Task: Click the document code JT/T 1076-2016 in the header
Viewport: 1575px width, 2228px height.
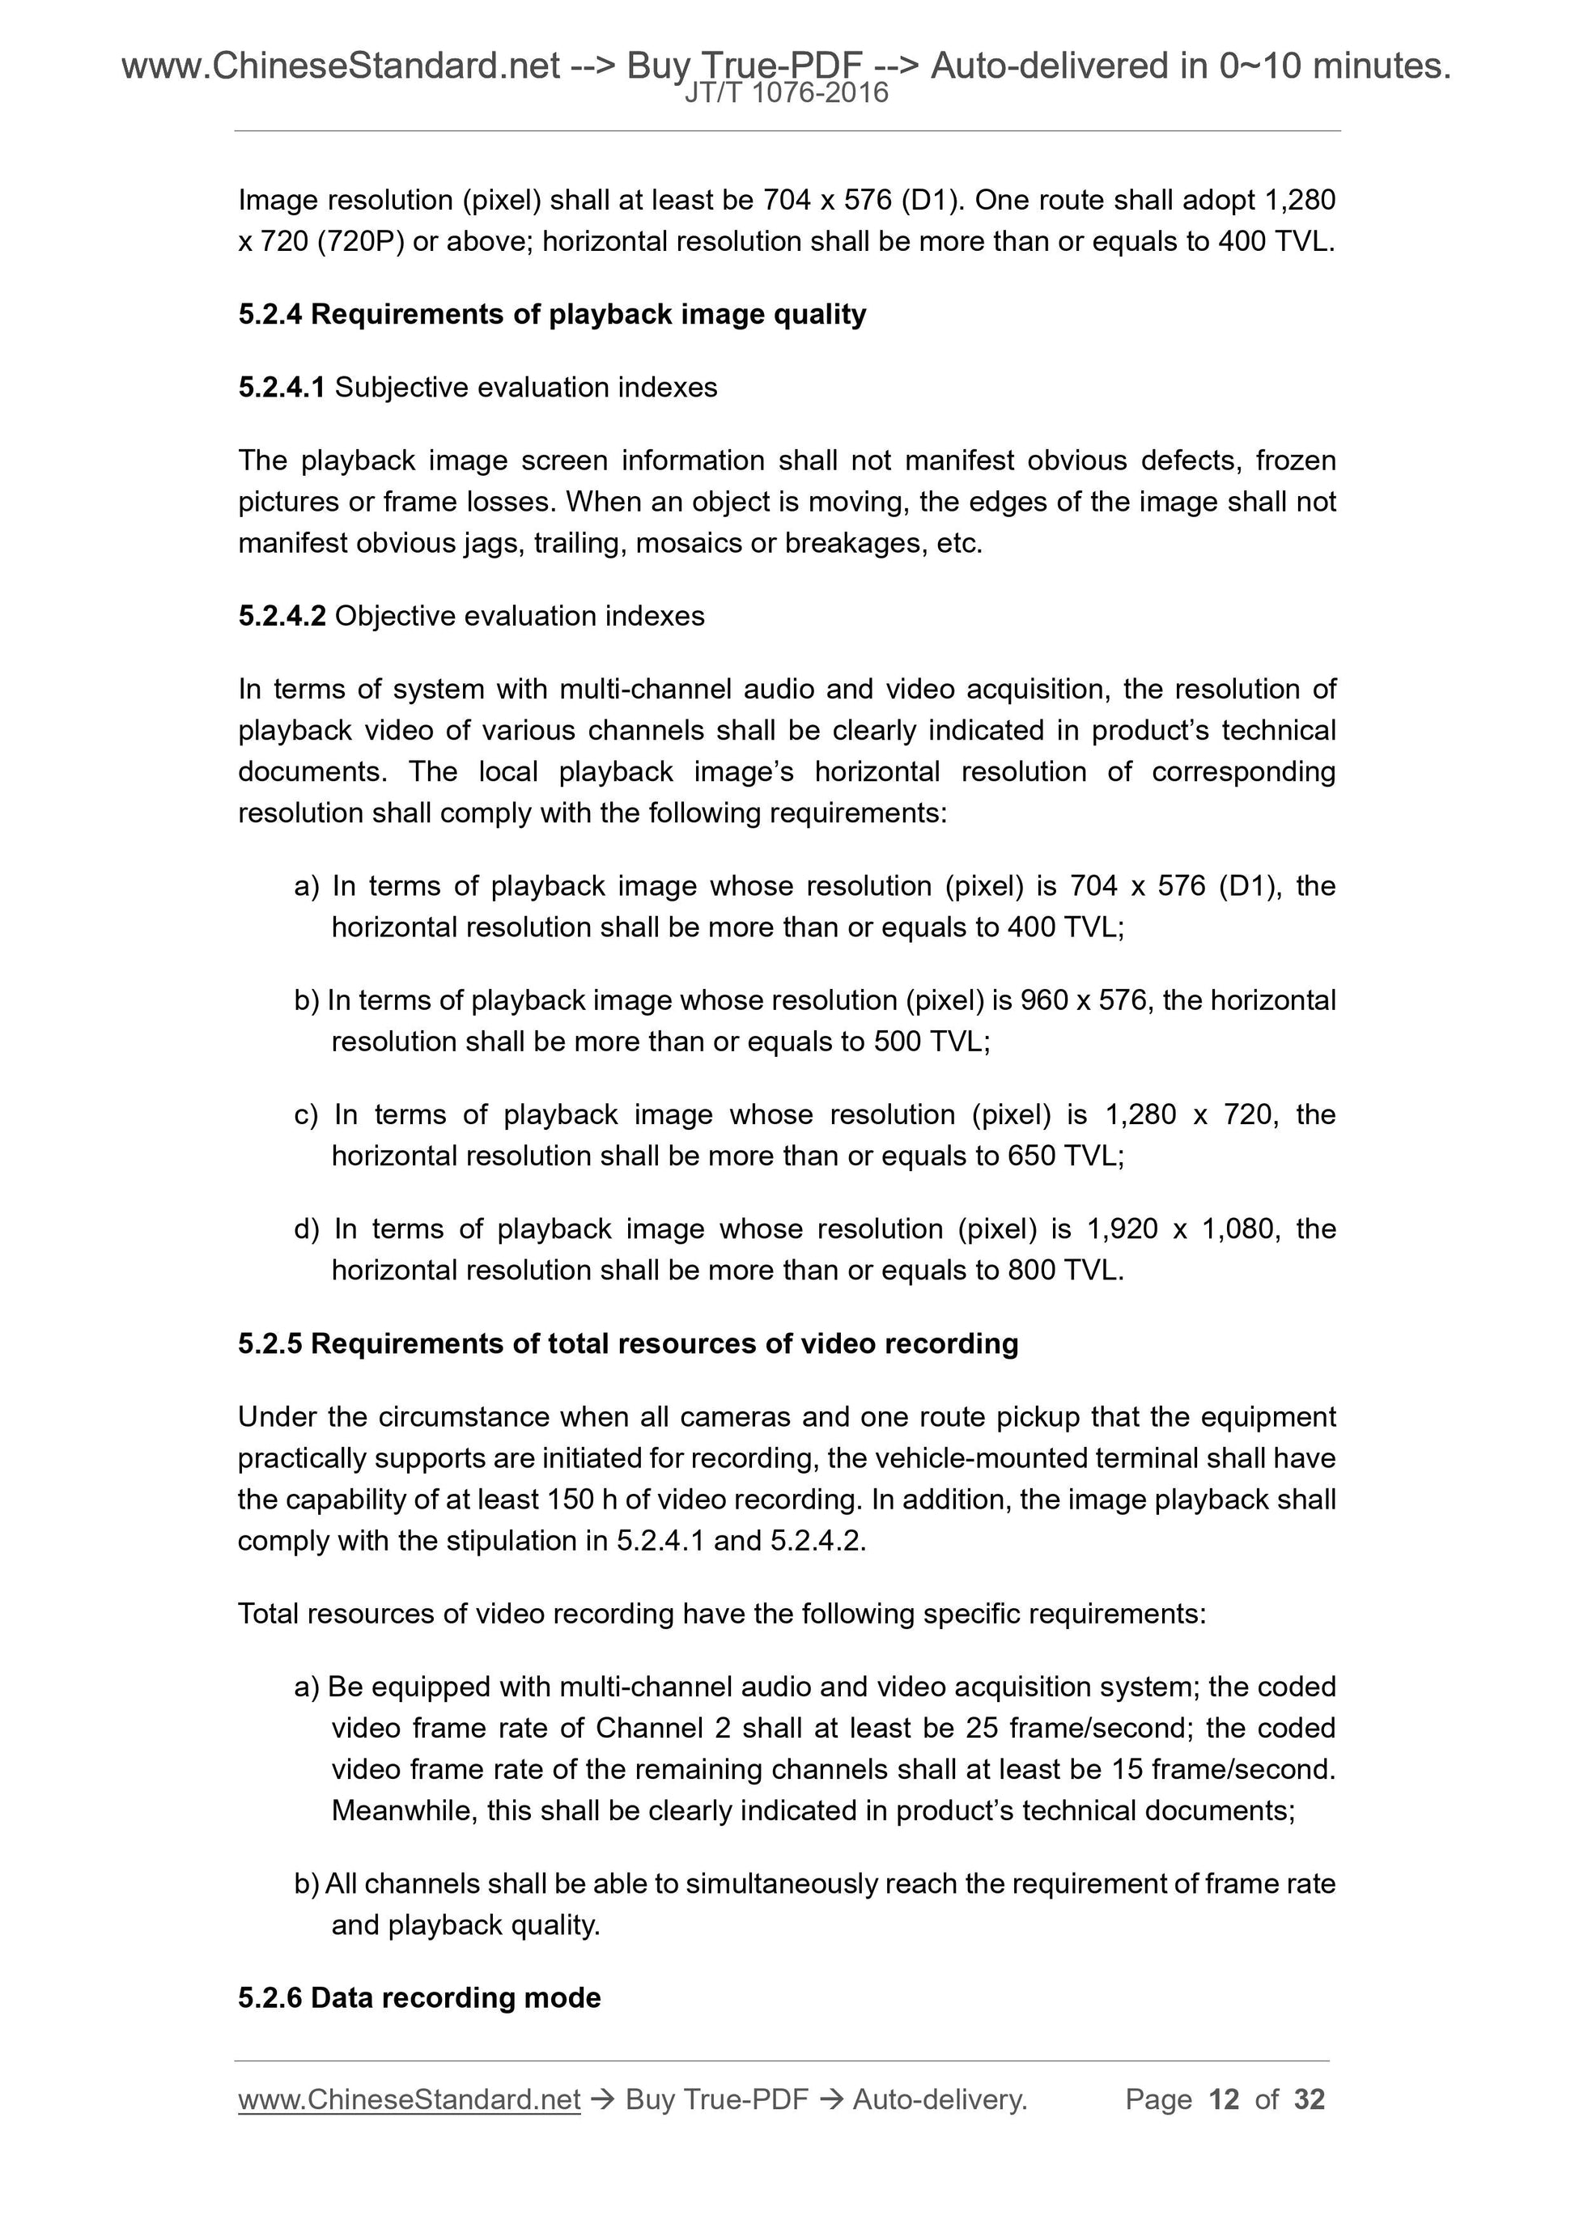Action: (786, 93)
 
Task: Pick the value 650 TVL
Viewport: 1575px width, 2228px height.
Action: (1063, 1156)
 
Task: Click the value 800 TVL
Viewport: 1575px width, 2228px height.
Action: (1063, 1271)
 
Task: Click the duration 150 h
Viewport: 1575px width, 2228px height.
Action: (582, 1500)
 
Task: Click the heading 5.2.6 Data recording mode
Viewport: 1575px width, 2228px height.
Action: (419, 1998)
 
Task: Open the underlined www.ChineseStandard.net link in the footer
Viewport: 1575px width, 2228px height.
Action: (409, 2100)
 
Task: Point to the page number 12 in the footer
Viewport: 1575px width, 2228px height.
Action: (1224, 2100)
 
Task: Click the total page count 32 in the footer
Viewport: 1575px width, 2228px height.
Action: (1309, 2100)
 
